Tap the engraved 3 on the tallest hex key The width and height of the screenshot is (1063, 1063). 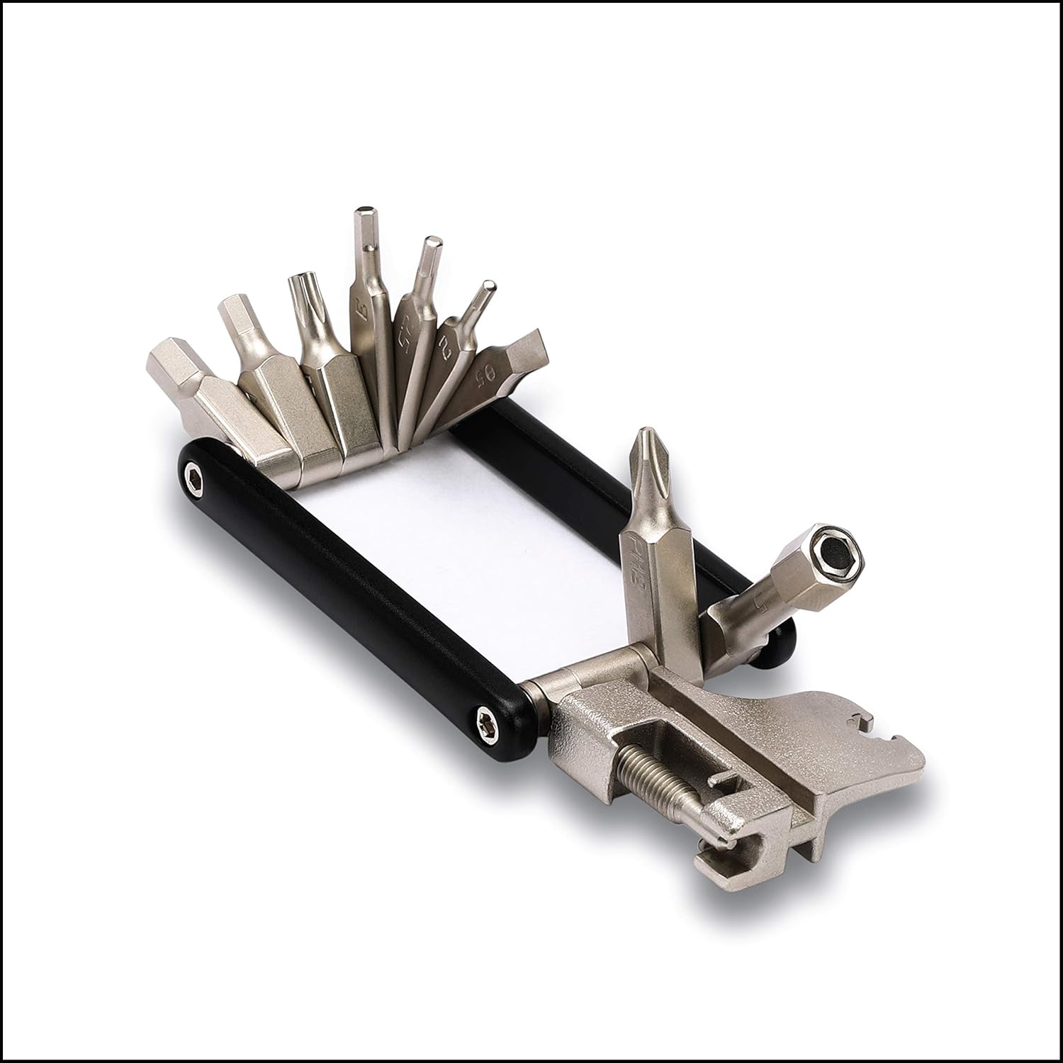click(x=360, y=309)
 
